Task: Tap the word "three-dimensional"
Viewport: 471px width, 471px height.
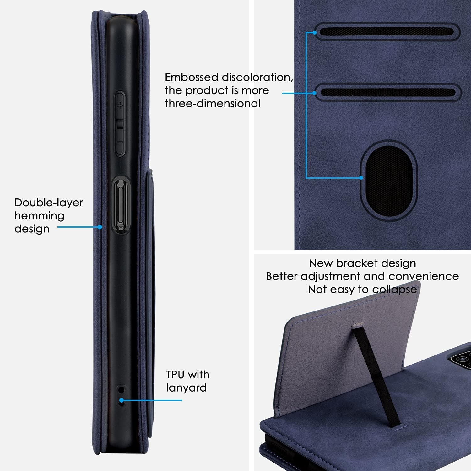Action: point(213,103)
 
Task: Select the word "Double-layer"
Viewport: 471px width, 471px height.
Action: point(49,203)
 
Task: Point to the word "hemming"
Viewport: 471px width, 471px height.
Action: point(39,216)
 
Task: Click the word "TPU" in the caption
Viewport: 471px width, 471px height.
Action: point(175,375)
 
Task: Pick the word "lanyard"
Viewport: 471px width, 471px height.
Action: point(187,388)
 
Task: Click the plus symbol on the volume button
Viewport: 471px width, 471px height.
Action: point(119,106)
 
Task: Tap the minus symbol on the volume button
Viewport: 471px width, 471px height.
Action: point(120,142)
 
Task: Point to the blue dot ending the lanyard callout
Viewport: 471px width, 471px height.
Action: point(122,400)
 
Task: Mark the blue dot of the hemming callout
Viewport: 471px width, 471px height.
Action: point(100,227)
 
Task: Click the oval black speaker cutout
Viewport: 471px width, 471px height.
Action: point(389,181)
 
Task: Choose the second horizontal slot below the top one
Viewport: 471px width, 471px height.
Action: point(388,92)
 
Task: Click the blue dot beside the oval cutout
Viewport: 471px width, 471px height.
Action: point(361,178)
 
